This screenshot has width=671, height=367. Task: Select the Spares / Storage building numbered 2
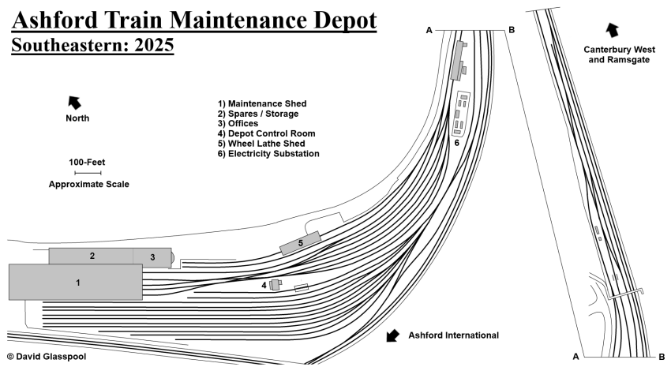coord(91,256)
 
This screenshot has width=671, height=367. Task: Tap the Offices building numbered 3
coord(152,257)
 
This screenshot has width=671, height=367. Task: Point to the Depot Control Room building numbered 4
coord(275,285)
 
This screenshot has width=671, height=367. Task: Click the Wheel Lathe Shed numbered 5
coord(301,243)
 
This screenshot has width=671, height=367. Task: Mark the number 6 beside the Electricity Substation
coord(456,143)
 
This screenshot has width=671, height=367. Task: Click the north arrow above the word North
coord(75,101)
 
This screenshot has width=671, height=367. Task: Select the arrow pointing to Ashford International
coord(392,336)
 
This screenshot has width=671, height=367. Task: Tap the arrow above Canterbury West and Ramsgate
coord(610,31)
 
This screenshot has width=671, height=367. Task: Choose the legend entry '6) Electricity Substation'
coord(268,154)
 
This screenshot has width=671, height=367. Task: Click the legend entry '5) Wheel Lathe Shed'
coord(261,144)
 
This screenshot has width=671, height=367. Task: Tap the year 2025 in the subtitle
coord(152,45)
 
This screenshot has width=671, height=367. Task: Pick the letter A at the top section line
coord(429,30)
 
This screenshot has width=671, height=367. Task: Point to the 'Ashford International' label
coord(453,335)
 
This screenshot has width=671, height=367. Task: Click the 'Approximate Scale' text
coord(88,184)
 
